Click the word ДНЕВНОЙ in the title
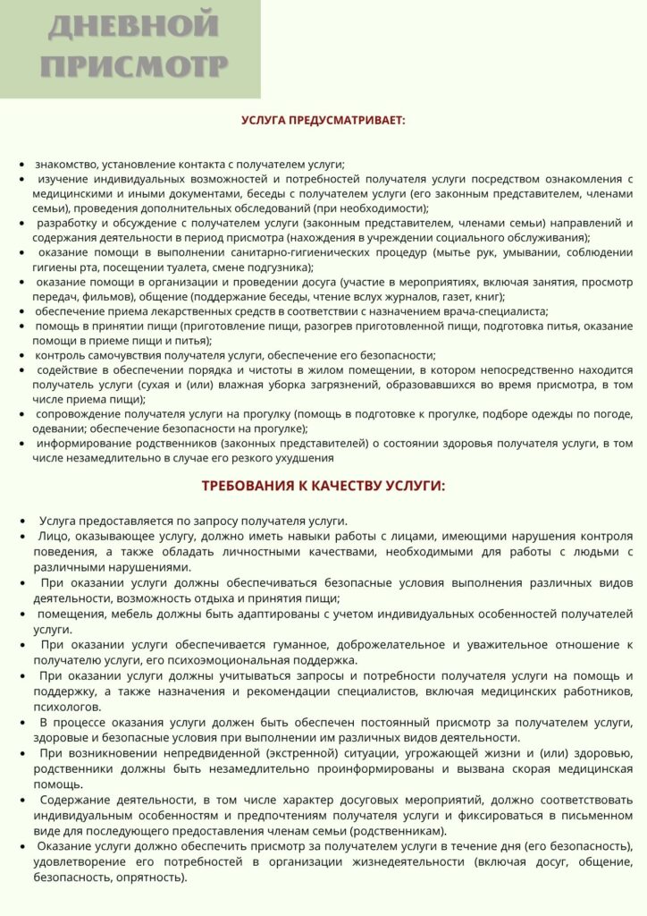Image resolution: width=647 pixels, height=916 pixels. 133,26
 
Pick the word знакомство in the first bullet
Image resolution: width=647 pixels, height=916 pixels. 68,165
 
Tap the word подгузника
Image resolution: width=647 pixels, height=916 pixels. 278,267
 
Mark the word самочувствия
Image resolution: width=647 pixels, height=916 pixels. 129,355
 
